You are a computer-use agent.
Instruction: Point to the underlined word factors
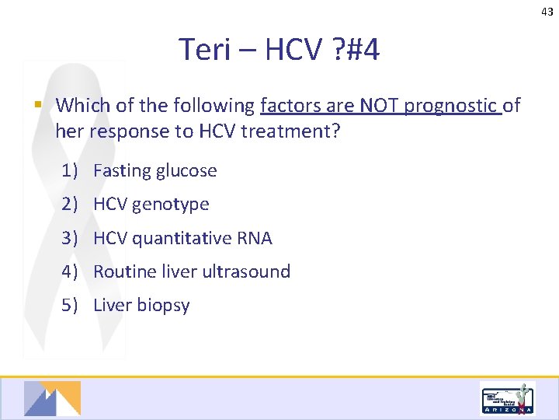[x=288, y=105]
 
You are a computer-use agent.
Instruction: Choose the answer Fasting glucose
[x=155, y=171]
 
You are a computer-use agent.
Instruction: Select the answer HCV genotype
[x=151, y=205]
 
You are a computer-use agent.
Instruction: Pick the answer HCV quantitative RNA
[x=182, y=238]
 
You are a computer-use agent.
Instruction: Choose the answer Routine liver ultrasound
[x=191, y=271]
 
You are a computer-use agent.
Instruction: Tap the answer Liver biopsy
[x=141, y=305]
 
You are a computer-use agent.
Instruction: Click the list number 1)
[x=71, y=171]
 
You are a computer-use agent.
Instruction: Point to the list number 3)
[x=71, y=238]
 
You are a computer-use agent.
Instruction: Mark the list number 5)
[x=71, y=305]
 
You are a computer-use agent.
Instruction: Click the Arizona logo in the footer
[x=507, y=400]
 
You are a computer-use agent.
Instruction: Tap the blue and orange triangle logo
[x=52, y=398]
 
